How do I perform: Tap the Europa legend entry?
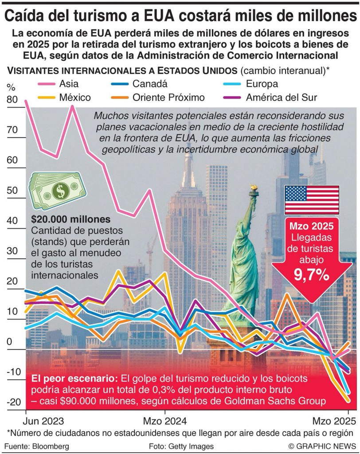262,84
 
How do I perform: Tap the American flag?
312,200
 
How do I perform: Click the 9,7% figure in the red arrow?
312,275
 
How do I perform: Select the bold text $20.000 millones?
71,219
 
